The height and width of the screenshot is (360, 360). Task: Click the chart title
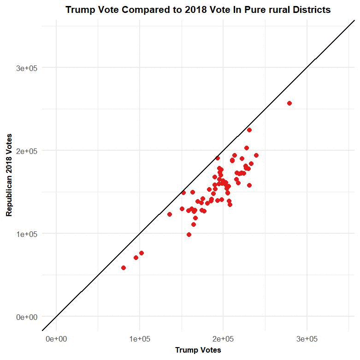198,10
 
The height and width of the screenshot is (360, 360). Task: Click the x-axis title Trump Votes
198,350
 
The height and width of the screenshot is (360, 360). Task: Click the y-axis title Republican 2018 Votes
9,175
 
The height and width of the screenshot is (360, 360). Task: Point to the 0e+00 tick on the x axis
56,339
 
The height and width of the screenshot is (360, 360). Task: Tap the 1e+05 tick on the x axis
140,339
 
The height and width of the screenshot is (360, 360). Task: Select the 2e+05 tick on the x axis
223,339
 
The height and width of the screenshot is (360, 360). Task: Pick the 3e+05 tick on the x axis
307,339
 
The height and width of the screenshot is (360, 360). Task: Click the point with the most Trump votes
289,103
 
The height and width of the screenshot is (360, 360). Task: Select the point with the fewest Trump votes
124,268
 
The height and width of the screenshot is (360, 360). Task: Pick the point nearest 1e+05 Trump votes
142,253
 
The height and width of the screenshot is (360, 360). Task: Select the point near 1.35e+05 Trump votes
170,214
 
